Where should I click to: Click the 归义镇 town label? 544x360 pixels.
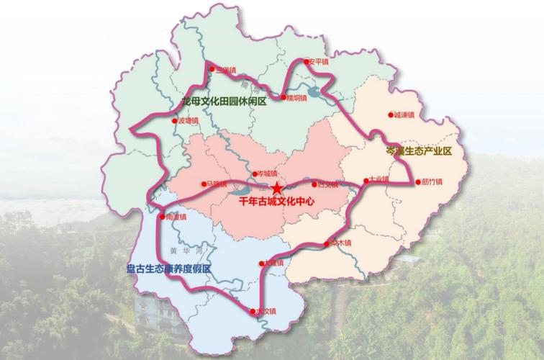[x=327, y=184]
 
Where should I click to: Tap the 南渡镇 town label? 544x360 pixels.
[x=176, y=215]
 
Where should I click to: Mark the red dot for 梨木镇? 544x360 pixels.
[x=332, y=243]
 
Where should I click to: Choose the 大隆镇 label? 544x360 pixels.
[x=274, y=263]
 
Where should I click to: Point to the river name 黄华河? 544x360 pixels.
[x=183, y=250]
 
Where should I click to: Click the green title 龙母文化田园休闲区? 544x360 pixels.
[x=225, y=102]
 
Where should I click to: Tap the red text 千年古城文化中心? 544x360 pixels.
[x=277, y=202]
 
